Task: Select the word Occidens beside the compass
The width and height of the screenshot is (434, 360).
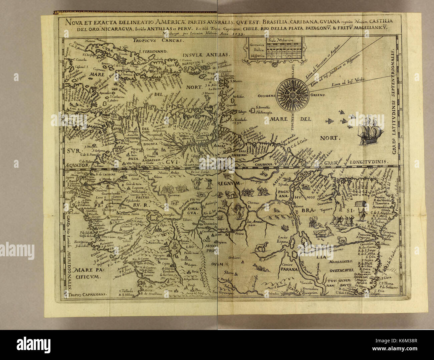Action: tap(266, 95)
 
